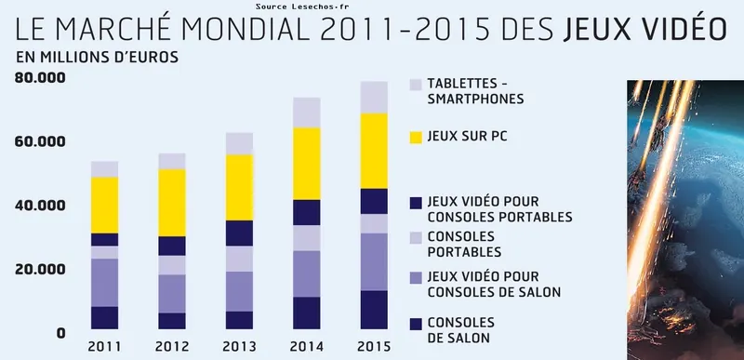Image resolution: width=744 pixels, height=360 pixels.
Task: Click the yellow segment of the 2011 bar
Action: coord(104,204)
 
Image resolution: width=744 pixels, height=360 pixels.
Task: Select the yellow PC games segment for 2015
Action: coord(374,151)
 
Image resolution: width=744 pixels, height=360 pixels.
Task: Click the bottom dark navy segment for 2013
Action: coord(240,320)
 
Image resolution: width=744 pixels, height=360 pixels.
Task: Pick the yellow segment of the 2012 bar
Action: coord(172,203)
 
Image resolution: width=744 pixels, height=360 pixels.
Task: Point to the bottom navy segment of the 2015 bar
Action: coord(374,310)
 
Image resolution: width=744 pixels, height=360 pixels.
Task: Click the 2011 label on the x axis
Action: coord(104,347)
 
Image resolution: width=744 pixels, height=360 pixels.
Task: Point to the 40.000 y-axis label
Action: coord(40,206)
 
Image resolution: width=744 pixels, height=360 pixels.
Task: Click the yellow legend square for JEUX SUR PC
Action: coord(416,137)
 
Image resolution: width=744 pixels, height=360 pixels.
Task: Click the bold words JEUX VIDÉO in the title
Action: coord(645,30)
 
